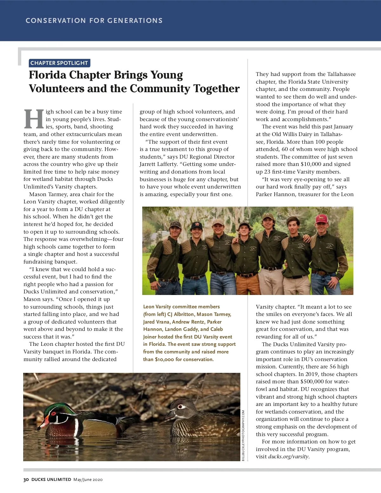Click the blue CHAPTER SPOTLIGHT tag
click(x=59, y=63)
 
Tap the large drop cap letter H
click(x=34, y=119)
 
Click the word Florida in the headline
click(x=48, y=75)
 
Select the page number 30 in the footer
click(x=26, y=480)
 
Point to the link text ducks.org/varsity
click(x=288, y=457)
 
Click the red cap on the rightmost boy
click(x=322, y=218)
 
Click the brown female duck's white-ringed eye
click(x=181, y=407)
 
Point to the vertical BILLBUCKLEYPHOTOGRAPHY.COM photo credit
click(x=243, y=435)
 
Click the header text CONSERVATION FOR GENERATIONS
click(x=94, y=21)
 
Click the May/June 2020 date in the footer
click(x=88, y=480)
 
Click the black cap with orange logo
click(x=196, y=226)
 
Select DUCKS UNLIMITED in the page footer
click(x=51, y=480)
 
